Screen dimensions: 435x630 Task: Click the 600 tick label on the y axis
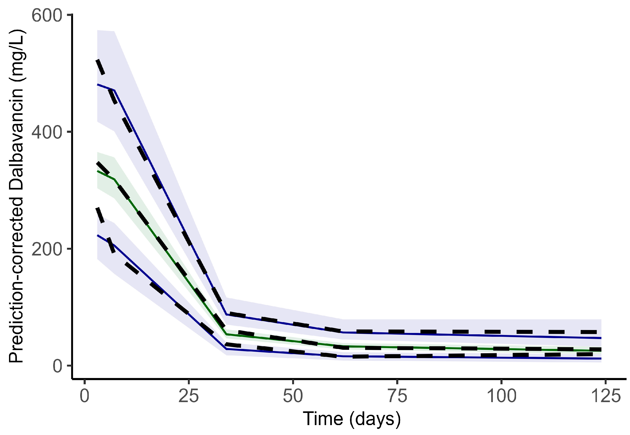(x=47, y=16)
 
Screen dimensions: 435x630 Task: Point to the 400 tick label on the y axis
(x=47, y=132)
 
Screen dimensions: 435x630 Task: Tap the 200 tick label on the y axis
(x=47, y=249)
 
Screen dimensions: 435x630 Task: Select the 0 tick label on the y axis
(x=57, y=366)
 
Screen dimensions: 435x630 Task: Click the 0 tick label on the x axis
(x=84, y=396)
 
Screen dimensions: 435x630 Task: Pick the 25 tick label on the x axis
(x=189, y=396)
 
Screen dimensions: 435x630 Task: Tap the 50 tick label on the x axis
(x=293, y=396)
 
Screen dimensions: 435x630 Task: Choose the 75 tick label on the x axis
(x=397, y=396)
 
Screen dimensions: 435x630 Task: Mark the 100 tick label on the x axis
(x=501, y=396)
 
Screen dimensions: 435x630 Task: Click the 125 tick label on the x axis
(x=605, y=396)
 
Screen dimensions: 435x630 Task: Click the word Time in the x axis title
(x=323, y=419)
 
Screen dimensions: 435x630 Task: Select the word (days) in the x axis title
(x=375, y=419)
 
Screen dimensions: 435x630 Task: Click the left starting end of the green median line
(x=97, y=171)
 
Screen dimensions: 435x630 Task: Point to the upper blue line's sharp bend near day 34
(x=226, y=314)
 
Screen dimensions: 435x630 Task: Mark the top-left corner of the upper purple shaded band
(x=98, y=30)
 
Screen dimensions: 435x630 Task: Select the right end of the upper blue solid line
(x=601, y=338)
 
